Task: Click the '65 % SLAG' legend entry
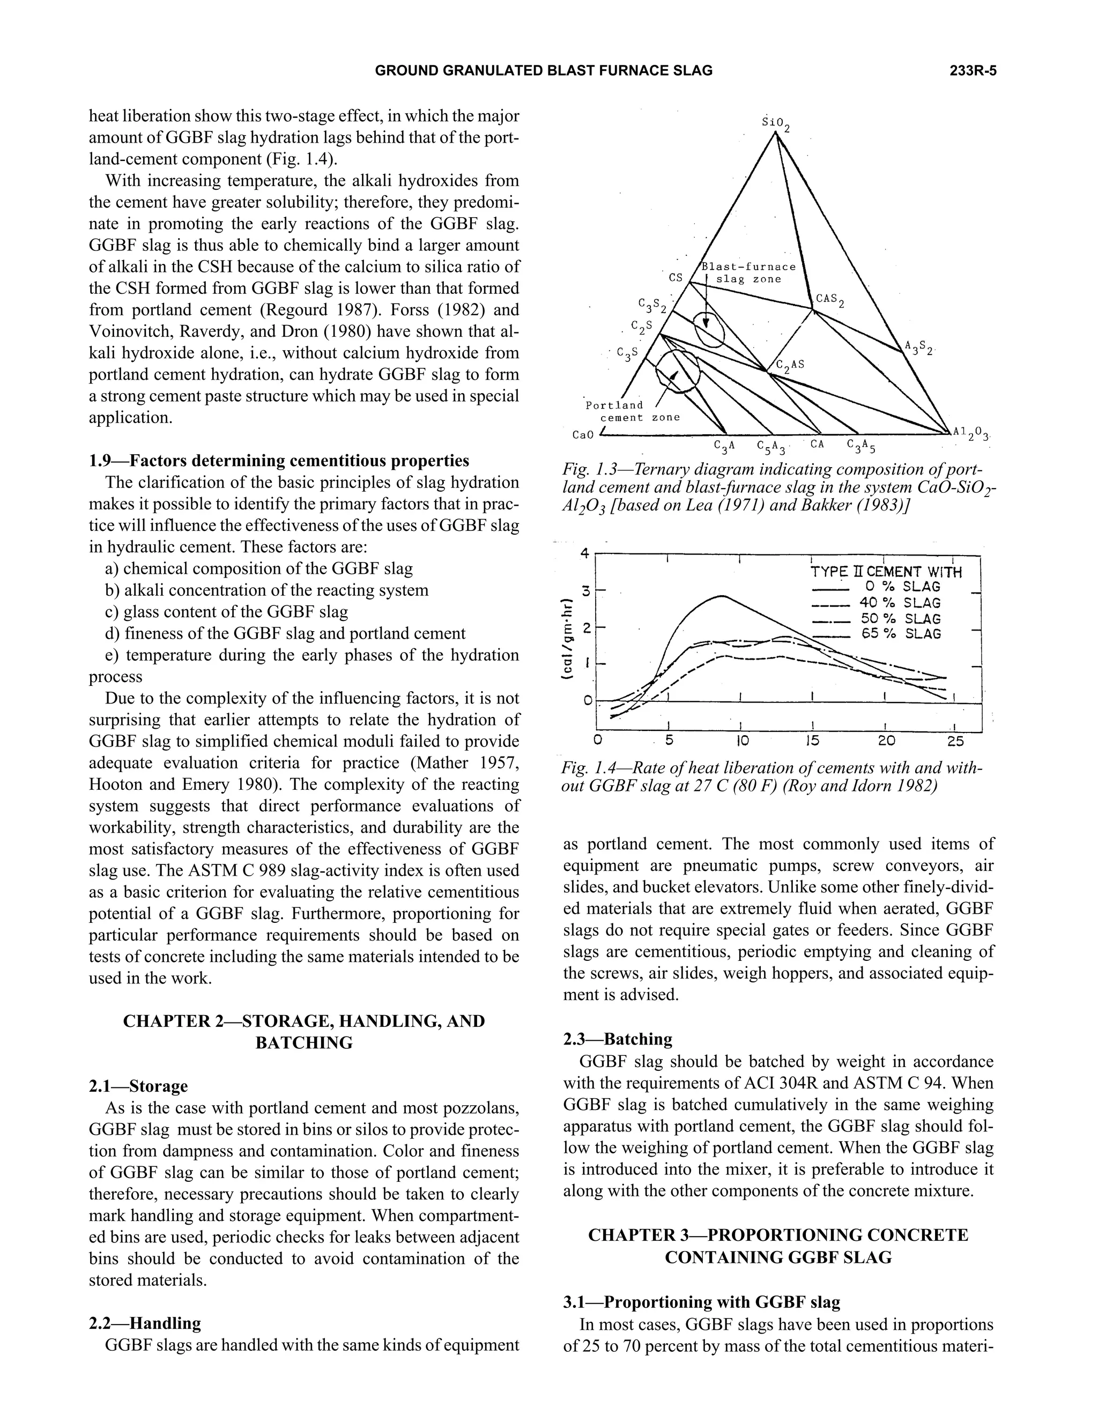click(901, 634)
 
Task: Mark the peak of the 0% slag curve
click(722, 595)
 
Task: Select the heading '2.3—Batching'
click(617, 1039)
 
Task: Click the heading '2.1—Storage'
click(138, 1086)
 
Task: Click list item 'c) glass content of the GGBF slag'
click(226, 612)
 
